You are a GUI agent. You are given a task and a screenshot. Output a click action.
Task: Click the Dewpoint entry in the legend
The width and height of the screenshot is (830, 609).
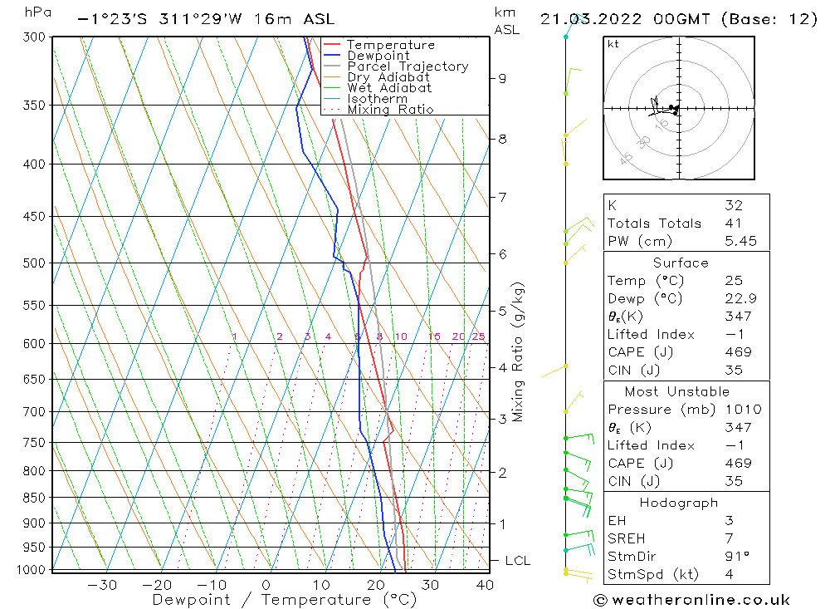pyautogui.click(x=378, y=56)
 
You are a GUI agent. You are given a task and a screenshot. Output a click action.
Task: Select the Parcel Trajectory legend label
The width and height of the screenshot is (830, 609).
pyautogui.click(x=408, y=66)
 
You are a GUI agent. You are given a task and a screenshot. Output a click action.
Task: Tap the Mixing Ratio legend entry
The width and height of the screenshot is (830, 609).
pyautogui.click(x=390, y=110)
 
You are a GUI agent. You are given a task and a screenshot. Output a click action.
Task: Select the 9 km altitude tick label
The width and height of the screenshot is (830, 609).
pyautogui.click(x=502, y=78)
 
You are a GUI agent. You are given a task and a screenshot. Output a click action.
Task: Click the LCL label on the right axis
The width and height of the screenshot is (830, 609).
pyautogui.click(x=517, y=561)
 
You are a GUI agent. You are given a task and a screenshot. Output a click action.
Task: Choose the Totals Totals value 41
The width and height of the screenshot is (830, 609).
pyautogui.click(x=734, y=223)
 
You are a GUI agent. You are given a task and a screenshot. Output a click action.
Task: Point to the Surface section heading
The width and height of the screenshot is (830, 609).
pyautogui.click(x=681, y=263)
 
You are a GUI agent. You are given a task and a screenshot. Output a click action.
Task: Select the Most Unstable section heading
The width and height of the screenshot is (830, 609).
pyautogui.click(x=677, y=391)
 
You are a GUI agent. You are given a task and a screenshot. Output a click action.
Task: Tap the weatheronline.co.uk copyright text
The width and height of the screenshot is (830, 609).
pyautogui.click(x=691, y=600)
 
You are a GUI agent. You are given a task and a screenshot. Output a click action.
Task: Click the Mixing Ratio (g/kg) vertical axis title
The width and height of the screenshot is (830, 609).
pyautogui.click(x=518, y=351)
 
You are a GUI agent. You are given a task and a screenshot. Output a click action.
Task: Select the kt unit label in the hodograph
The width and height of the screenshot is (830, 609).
pyautogui.click(x=613, y=44)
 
